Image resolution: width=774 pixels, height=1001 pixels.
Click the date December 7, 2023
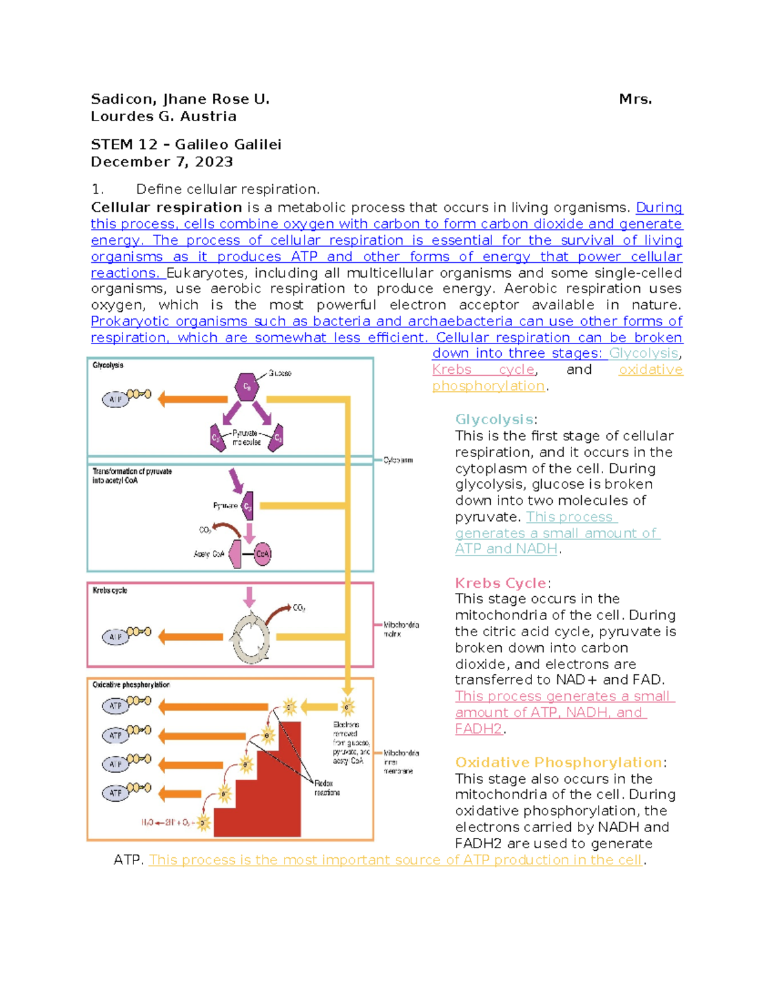pos(162,162)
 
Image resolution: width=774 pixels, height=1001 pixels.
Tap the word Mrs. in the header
pos(635,99)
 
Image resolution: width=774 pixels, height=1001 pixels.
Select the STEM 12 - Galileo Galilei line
pos(186,144)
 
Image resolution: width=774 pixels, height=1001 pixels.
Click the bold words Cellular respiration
pos(166,208)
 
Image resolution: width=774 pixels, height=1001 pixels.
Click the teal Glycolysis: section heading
pos(495,420)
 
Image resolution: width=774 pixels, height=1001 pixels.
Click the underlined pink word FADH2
pos(479,729)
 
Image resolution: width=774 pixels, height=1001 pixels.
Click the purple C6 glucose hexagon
pos(246,387)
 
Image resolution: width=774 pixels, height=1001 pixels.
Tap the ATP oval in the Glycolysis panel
pos(115,400)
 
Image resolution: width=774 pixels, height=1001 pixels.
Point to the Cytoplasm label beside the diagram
pos(398,460)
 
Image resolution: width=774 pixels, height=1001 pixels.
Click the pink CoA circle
pos(263,554)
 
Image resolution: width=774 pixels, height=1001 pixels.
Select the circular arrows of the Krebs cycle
pos(251,637)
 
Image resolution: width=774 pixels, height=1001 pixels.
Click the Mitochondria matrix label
pos(401,629)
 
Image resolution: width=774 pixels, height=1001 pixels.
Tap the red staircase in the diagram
pos(271,799)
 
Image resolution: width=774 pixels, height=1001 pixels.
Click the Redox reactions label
pos(327,788)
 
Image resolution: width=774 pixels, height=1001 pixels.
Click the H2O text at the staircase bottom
pos(148,822)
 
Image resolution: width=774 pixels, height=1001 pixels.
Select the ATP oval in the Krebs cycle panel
pos(115,637)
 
